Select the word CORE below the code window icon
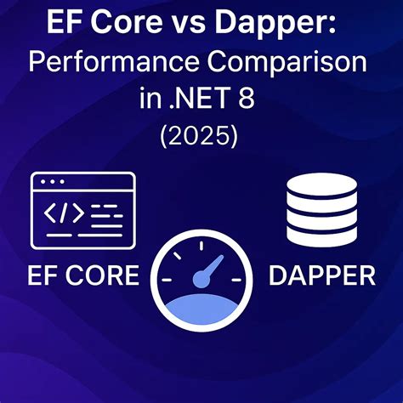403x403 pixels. point(101,275)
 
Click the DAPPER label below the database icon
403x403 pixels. point(321,275)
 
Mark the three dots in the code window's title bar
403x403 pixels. point(53,182)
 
